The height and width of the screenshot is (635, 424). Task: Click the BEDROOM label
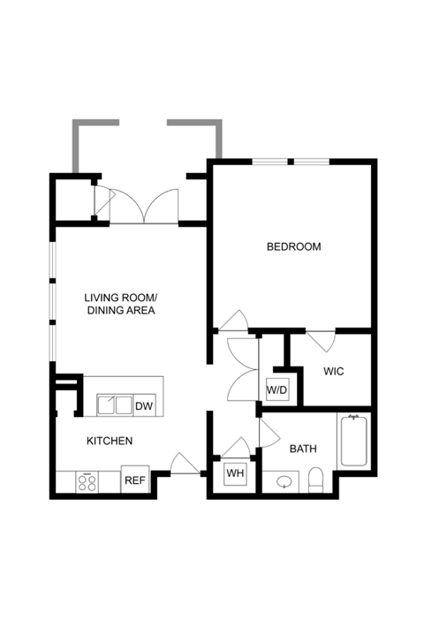click(x=293, y=246)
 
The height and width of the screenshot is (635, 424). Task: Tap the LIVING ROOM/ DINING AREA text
click(x=121, y=304)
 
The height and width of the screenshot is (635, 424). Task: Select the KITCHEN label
click(x=110, y=441)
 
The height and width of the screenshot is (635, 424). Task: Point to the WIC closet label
click(x=334, y=371)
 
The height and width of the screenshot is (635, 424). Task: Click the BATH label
click(x=303, y=449)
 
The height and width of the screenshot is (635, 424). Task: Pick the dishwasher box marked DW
click(x=144, y=405)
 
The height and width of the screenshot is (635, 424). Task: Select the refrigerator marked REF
click(x=135, y=480)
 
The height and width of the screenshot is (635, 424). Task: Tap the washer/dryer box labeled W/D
click(x=277, y=389)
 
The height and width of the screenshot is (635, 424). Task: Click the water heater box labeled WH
click(x=235, y=473)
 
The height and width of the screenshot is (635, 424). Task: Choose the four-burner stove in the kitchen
click(x=87, y=482)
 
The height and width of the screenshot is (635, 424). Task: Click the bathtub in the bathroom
click(x=354, y=441)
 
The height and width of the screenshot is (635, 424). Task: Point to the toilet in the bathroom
click(x=315, y=480)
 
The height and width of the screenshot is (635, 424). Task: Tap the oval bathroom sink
click(x=284, y=482)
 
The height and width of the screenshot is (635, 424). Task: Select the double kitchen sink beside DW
click(x=115, y=405)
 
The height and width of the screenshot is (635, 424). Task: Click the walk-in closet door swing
click(x=322, y=342)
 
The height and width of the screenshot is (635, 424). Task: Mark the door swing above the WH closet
click(x=235, y=448)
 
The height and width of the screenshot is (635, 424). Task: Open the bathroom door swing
click(x=269, y=433)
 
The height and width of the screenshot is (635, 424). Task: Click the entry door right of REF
click(x=185, y=463)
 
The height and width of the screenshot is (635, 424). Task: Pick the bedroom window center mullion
click(x=291, y=162)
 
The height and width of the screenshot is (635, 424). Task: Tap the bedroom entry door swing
click(x=233, y=321)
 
